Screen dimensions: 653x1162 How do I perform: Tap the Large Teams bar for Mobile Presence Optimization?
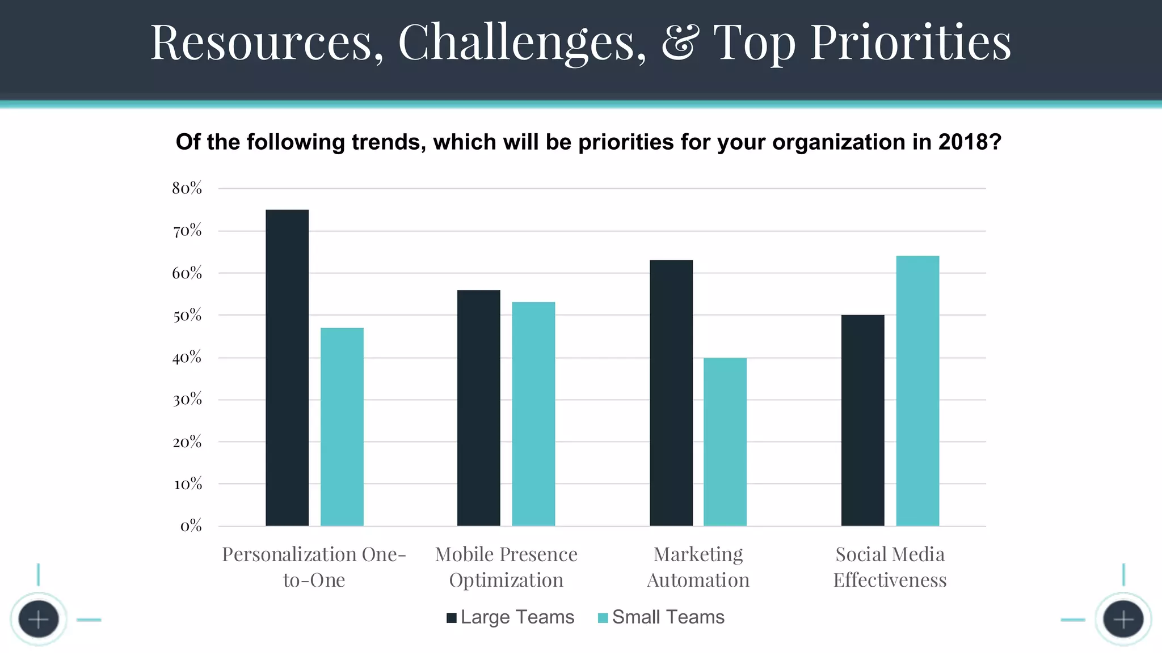pyautogui.click(x=478, y=408)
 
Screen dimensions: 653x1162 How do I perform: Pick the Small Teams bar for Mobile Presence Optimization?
pyautogui.click(x=533, y=414)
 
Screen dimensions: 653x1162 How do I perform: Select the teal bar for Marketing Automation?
pyautogui.click(x=725, y=442)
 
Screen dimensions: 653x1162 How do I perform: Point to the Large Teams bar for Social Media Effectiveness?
pyautogui.click(x=862, y=420)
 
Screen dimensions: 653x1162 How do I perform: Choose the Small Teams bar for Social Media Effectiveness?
pyautogui.click(x=917, y=391)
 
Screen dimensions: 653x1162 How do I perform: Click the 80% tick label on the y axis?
pyautogui.click(x=187, y=188)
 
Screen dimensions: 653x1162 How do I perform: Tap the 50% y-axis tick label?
pyautogui.click(x=187, y=315)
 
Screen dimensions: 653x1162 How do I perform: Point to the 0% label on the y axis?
pyautogui.click(x=191, y=526)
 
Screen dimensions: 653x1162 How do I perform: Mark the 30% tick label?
pyautogui.click(x=187, y=400)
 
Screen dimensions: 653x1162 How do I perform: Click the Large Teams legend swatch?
pyautogui.click(x=452, y=618)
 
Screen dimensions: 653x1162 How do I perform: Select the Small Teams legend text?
pyautogui.click(x=668, y=617)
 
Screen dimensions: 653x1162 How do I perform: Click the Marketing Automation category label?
pyautogui.click(x=698, y=567)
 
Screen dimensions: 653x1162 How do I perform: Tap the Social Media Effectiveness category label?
pyautogui.click(x=890, y=567)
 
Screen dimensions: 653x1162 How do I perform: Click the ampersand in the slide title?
pyautogui.click(x=679, y=42)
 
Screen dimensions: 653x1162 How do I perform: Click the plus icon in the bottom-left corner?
pyautogui.click(x=39, y=620)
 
